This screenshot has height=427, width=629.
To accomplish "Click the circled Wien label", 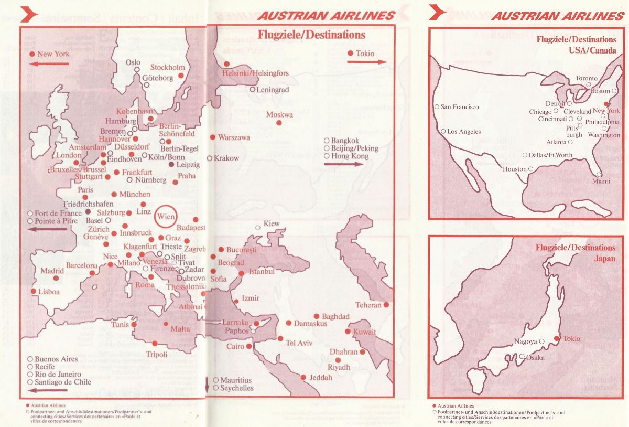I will pos(166,215).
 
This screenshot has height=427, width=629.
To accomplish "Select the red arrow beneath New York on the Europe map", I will pos(49,64).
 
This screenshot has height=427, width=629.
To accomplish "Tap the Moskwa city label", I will pos(279,115).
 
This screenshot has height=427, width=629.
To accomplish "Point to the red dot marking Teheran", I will pos(386,305).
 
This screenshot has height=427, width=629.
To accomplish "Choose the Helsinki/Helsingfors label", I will pos(255,73).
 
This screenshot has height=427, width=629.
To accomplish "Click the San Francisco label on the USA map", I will pos(459,107).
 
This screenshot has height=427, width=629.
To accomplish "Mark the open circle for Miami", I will pos(599,175).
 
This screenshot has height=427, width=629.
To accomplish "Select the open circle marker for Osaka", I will pos(522,357).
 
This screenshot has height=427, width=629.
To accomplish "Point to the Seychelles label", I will pos(237,388).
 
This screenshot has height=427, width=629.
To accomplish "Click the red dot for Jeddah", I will pos(303,377).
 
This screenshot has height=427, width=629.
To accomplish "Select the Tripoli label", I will pos(157,355).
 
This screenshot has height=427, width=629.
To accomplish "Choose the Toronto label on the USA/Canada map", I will pos(586,78).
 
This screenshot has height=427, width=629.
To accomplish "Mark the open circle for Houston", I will pos(531,169).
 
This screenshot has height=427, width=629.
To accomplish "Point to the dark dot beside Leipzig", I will pos(171,165).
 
